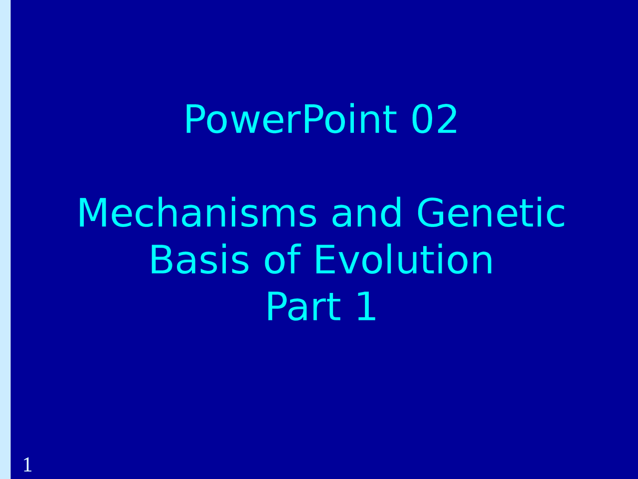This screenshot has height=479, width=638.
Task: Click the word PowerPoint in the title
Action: pyautogui.click(x=291, y=120)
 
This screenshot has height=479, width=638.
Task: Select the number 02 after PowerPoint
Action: pyautogui.click(x=434, y=120)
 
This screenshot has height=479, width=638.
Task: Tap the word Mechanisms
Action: pyautogui.click(x=197, y=214)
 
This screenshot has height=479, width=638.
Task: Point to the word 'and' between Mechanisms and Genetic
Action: pyautogui.click(x=366, y=214)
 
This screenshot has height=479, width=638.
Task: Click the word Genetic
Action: pyautogui.click(x=491, y=214)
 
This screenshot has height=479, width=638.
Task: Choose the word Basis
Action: pyautogui.click(x=199, y=260)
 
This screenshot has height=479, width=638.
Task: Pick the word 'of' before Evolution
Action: pyautogui.click(x=282, y=260)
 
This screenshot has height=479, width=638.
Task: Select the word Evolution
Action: pyautogui.click(x=403, y=260)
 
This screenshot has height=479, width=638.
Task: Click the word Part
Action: pyautogui.click(x=303, y=307)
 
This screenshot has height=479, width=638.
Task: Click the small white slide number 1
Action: pyautogui.click(x=27, y=465)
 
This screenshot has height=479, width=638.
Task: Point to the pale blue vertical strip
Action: pyautogui.click(x=5, y=239)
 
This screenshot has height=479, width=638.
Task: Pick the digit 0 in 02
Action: pyautogui.click(x=423, y=120)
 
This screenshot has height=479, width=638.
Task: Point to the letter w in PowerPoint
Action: pyautogui.click(x=241, y=122)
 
